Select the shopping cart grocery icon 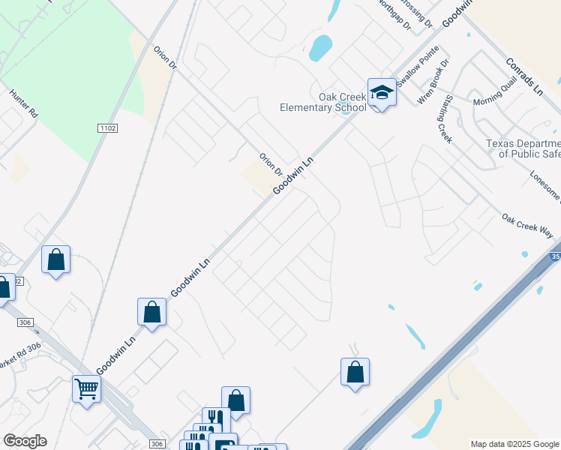tap(87, 389)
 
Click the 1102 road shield tap(107, 128)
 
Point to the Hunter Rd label tap(23, 103)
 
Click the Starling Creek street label tap(444, 118)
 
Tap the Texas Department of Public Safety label tap(523, 148)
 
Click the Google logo tap(25, 441)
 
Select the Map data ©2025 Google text tap(514, 444)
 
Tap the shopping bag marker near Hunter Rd tap(55, 259)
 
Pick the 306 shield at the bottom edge tap(156, 444)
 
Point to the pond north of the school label tap(320, 48)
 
